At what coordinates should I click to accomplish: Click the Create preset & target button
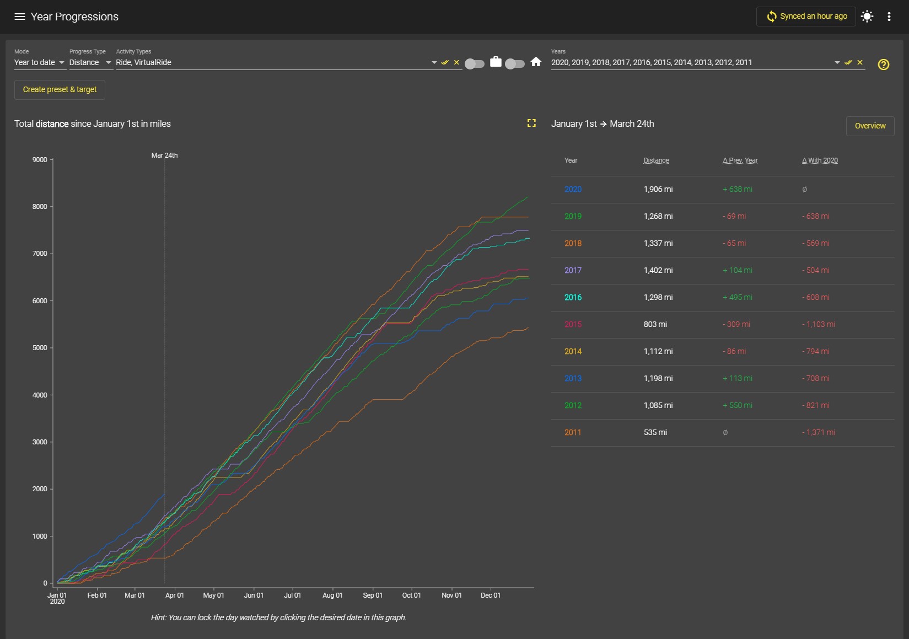60,90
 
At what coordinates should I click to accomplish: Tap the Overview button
870,126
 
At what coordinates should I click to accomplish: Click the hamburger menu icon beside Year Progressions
19,17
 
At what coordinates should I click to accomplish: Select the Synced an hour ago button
806,16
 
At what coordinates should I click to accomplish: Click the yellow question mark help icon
884,64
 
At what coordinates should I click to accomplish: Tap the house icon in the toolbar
536,62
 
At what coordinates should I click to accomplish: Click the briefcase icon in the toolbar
496,62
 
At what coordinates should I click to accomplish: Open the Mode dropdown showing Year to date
40,62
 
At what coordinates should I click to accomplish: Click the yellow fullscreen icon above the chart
531,123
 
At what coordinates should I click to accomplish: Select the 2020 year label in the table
573,189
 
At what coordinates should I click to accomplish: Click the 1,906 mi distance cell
658,189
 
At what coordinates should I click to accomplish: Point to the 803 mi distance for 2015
655,324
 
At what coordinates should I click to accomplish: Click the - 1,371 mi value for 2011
818,432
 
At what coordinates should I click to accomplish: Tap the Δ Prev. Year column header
740,160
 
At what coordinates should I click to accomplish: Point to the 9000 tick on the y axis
40,159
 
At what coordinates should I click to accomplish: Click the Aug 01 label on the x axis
332,595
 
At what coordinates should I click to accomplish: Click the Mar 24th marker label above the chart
164,155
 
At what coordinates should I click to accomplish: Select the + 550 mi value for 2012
737,405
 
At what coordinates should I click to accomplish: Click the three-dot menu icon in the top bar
889,17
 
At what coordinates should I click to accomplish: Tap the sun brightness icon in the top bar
867,16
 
